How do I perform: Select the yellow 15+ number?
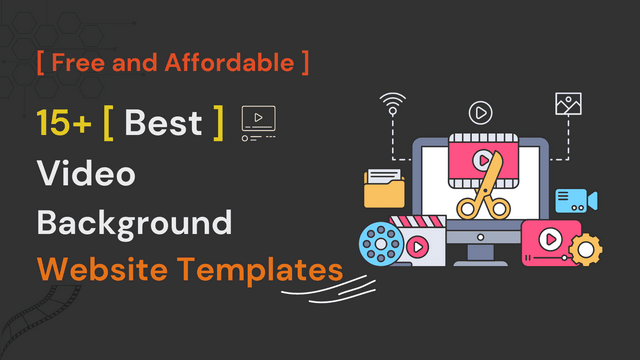click(x=63, y=123)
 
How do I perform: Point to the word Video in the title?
click(x=86, y=173)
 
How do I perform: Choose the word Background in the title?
click(x=134, y=221)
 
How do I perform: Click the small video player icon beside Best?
click(x=258, y=122)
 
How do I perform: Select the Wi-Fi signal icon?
click(x=393, y=103)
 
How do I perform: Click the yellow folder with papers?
click(x=385, y=189)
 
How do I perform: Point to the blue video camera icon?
click(x=575, y=199)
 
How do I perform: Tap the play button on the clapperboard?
click(x=415, y=245)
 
